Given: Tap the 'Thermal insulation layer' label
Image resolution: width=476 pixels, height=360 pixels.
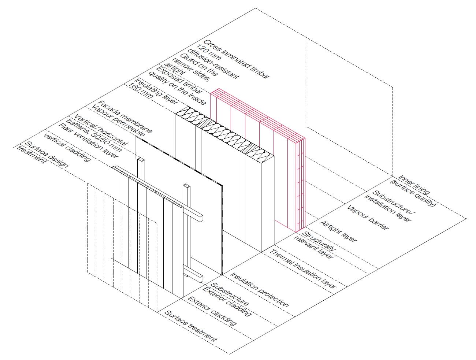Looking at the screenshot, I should click(302, 269).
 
